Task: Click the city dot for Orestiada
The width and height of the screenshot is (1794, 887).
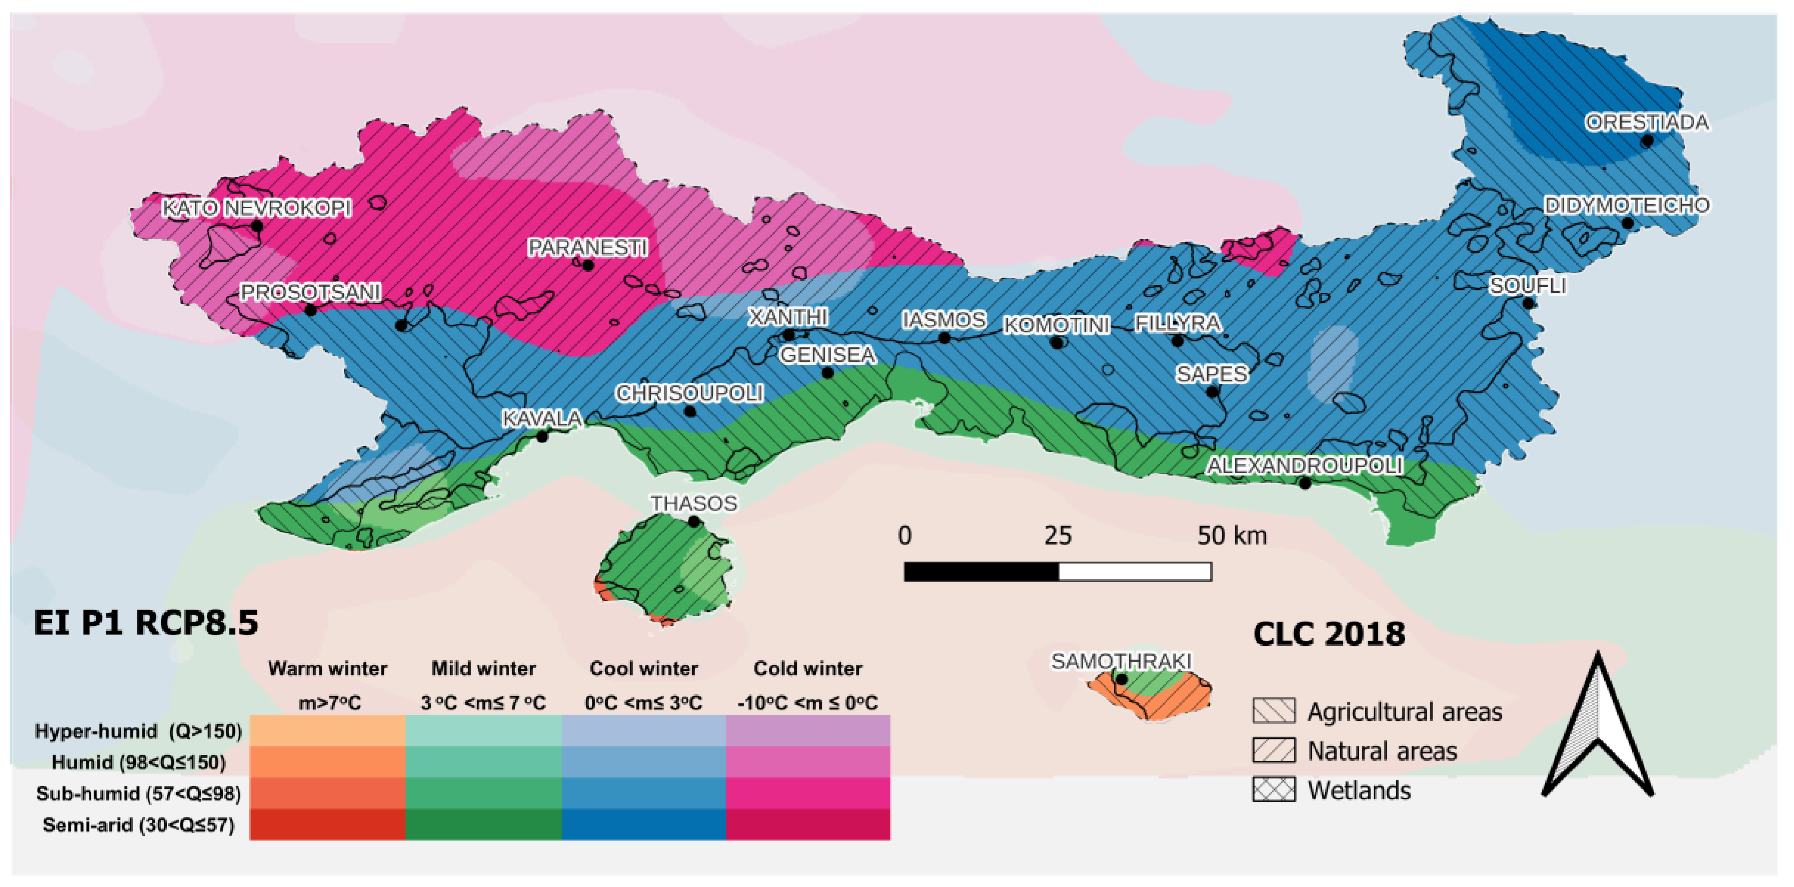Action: tap(1646, 141)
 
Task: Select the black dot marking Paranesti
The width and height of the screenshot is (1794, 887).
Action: tap(588, 266)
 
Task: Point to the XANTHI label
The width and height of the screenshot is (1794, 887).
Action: tap(788, 318)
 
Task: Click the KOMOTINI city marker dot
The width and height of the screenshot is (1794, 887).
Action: tap(1056, 343)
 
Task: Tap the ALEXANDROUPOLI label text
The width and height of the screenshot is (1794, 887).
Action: tap(1304, 465)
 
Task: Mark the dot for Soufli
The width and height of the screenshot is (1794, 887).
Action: tap(1528, 303)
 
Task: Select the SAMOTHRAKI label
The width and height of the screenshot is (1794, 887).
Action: tap(1121, 661)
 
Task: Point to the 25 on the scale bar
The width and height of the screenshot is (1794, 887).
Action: tap(1058, 535)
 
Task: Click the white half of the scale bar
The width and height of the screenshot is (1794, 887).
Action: tap(1135, 572)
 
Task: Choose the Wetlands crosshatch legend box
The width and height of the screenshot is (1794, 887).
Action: tap(1274, 790)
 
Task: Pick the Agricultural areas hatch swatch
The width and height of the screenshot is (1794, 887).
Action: tap(1274, 711)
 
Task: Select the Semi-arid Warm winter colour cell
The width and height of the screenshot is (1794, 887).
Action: tap(328, 825)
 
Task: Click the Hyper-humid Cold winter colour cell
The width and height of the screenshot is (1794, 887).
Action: tap(808, 730)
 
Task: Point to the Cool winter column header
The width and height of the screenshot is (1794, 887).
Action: tap(644, 668)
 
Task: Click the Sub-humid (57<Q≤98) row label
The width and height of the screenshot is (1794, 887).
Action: tap(139, 794)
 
